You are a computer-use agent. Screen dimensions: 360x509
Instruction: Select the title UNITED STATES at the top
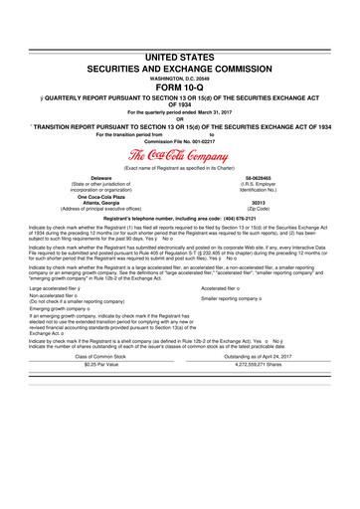click(x=179, y=56)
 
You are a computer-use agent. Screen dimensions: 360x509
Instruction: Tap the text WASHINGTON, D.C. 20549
click(x=179, y=71)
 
